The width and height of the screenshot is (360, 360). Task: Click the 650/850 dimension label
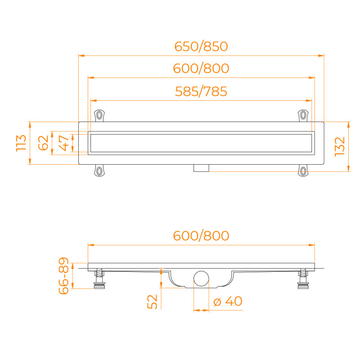201,46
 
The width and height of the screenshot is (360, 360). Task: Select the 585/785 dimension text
201,91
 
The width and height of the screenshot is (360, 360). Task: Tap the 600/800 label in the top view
201,68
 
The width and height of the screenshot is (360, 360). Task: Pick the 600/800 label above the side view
201,236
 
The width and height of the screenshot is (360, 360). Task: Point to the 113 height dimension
21,143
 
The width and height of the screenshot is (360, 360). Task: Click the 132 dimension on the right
340,147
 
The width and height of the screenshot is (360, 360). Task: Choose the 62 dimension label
43,143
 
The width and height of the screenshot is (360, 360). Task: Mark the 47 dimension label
64,143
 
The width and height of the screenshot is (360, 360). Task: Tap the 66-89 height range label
64,276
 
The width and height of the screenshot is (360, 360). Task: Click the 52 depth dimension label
153,301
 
